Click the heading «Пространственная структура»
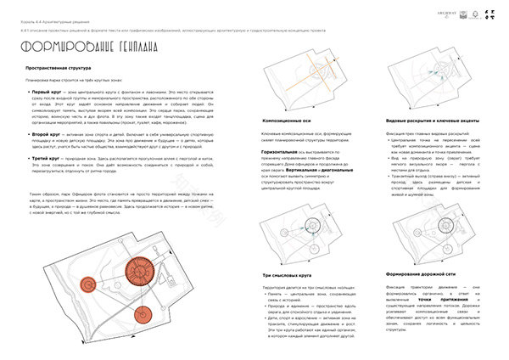click(62, 66)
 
